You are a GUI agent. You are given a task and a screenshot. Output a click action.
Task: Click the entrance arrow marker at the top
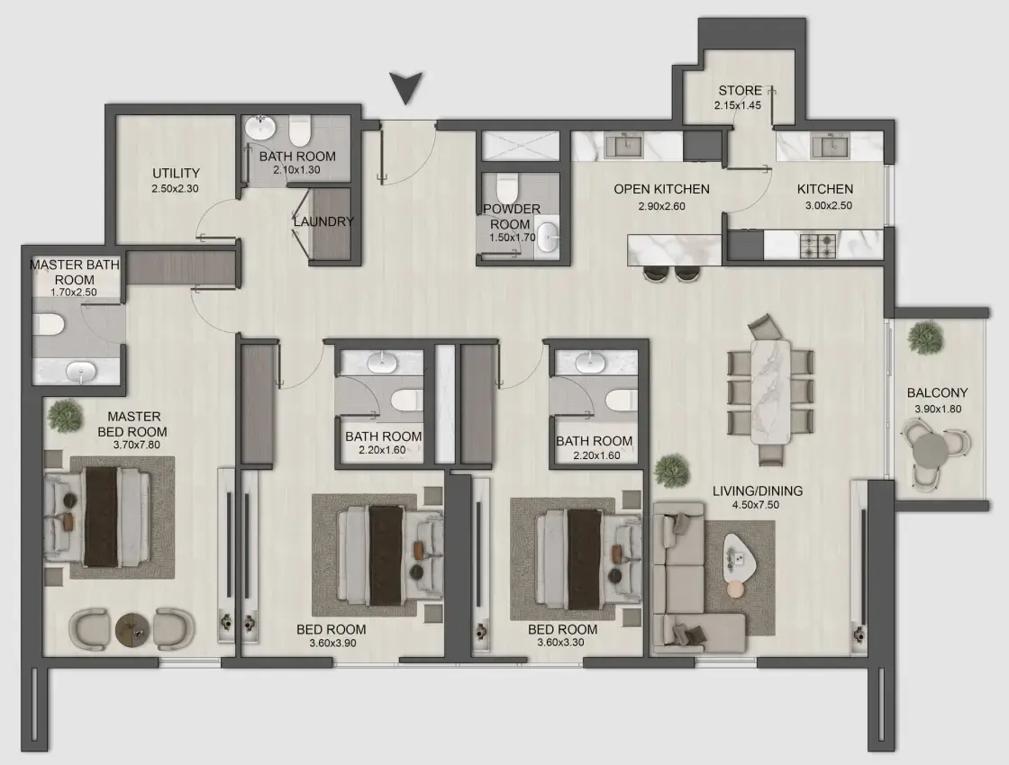408,89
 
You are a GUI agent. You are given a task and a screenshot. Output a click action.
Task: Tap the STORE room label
740,90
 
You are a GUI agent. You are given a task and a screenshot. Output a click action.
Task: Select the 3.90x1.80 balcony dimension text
937,409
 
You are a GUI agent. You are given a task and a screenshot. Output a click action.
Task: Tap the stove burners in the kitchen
817,243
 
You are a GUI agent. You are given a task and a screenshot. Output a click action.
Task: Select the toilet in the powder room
507,189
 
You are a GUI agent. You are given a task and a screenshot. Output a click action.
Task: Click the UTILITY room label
176,173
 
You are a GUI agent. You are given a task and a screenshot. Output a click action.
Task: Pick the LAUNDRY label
323,221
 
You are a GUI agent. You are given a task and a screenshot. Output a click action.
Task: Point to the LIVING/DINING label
757,491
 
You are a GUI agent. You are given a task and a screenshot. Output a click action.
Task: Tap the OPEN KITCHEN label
661,189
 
